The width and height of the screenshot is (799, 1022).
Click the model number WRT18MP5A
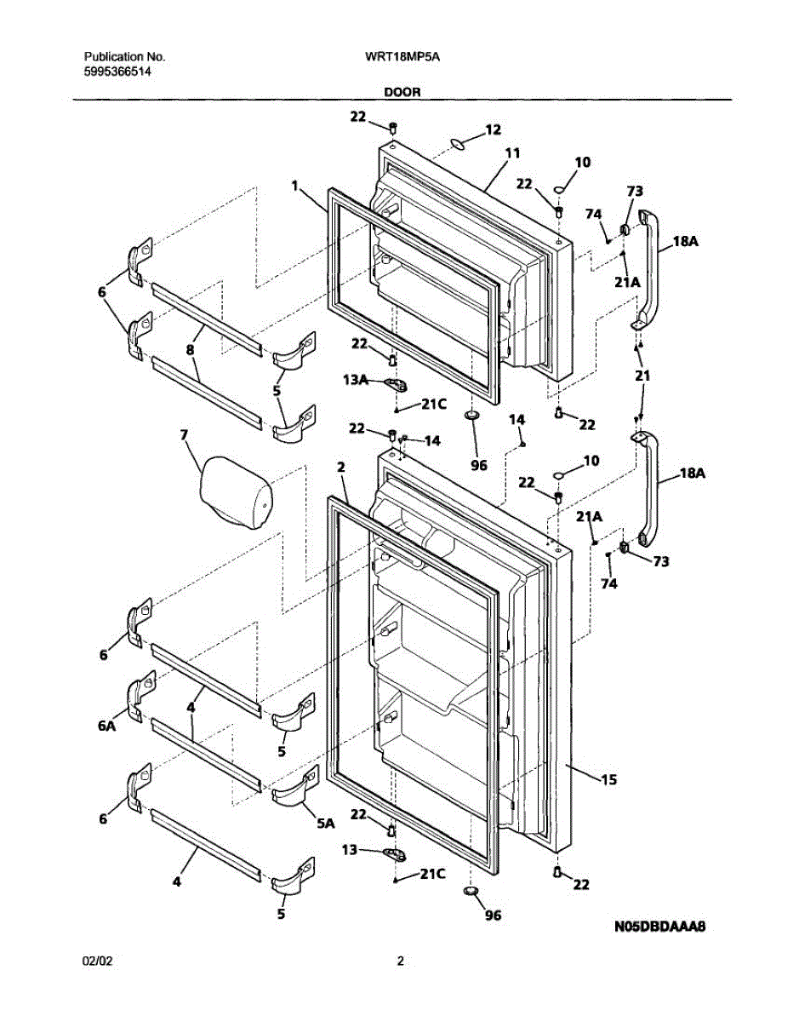[401, 57]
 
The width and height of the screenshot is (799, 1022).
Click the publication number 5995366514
[118, 72]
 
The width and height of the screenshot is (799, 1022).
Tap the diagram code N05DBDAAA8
[661, 926]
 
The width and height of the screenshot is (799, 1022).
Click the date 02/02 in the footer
[97, 962]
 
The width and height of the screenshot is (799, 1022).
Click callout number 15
[608, 778]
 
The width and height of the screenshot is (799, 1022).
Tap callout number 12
[493, 129]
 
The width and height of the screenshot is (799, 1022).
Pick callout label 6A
[105, 726]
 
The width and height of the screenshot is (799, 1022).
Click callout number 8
[190, 348]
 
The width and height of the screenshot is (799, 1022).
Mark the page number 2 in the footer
[400, 962]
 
